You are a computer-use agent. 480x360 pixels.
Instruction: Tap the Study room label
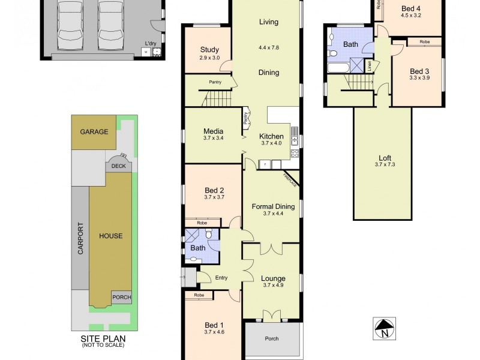(209, 50)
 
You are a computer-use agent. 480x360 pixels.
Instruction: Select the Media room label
(214, 131)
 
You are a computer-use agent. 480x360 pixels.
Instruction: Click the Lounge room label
(273, 278)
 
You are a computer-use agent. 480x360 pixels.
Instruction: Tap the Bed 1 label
(214, 325)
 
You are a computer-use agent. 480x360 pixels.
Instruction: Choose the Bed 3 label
(420, 71)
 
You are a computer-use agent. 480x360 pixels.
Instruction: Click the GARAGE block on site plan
(94, 132)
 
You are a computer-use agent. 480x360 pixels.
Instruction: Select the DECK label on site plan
(119, 166)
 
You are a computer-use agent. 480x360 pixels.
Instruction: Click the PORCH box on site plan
(121, 297)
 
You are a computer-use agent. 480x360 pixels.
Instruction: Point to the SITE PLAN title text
(103, 338)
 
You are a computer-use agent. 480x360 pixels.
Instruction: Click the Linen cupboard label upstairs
(370, 65)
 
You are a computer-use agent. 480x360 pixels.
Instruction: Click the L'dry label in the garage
(151, 43)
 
